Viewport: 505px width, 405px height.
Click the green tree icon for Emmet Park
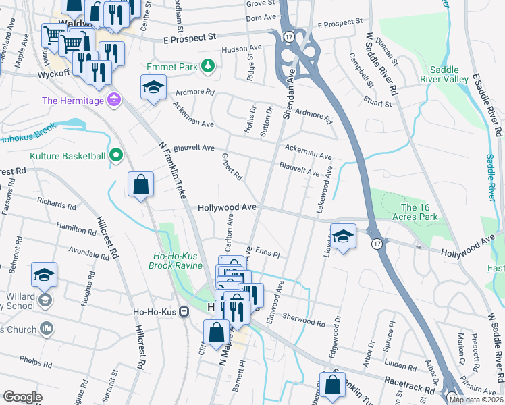pos(209,65)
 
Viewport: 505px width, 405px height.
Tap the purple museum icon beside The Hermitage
pos(113,101)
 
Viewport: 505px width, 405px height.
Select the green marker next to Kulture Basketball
pos(116,156)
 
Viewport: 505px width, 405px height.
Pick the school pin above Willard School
pos(45,275)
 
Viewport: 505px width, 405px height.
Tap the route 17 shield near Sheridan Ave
pos(288,36)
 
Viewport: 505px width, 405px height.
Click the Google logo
pos(22,397)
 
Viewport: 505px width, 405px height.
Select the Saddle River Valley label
pos(449,75)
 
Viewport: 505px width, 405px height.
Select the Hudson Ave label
pos(241,49)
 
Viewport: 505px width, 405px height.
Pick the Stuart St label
pos(377,103)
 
